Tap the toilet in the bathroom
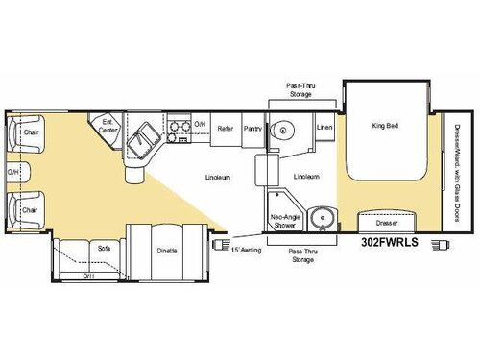point(281,132)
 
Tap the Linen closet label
point(324,127)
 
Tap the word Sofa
point(104,249)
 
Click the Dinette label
point(168,250)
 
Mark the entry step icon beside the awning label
point(217,244)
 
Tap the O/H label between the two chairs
point(13,174)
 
